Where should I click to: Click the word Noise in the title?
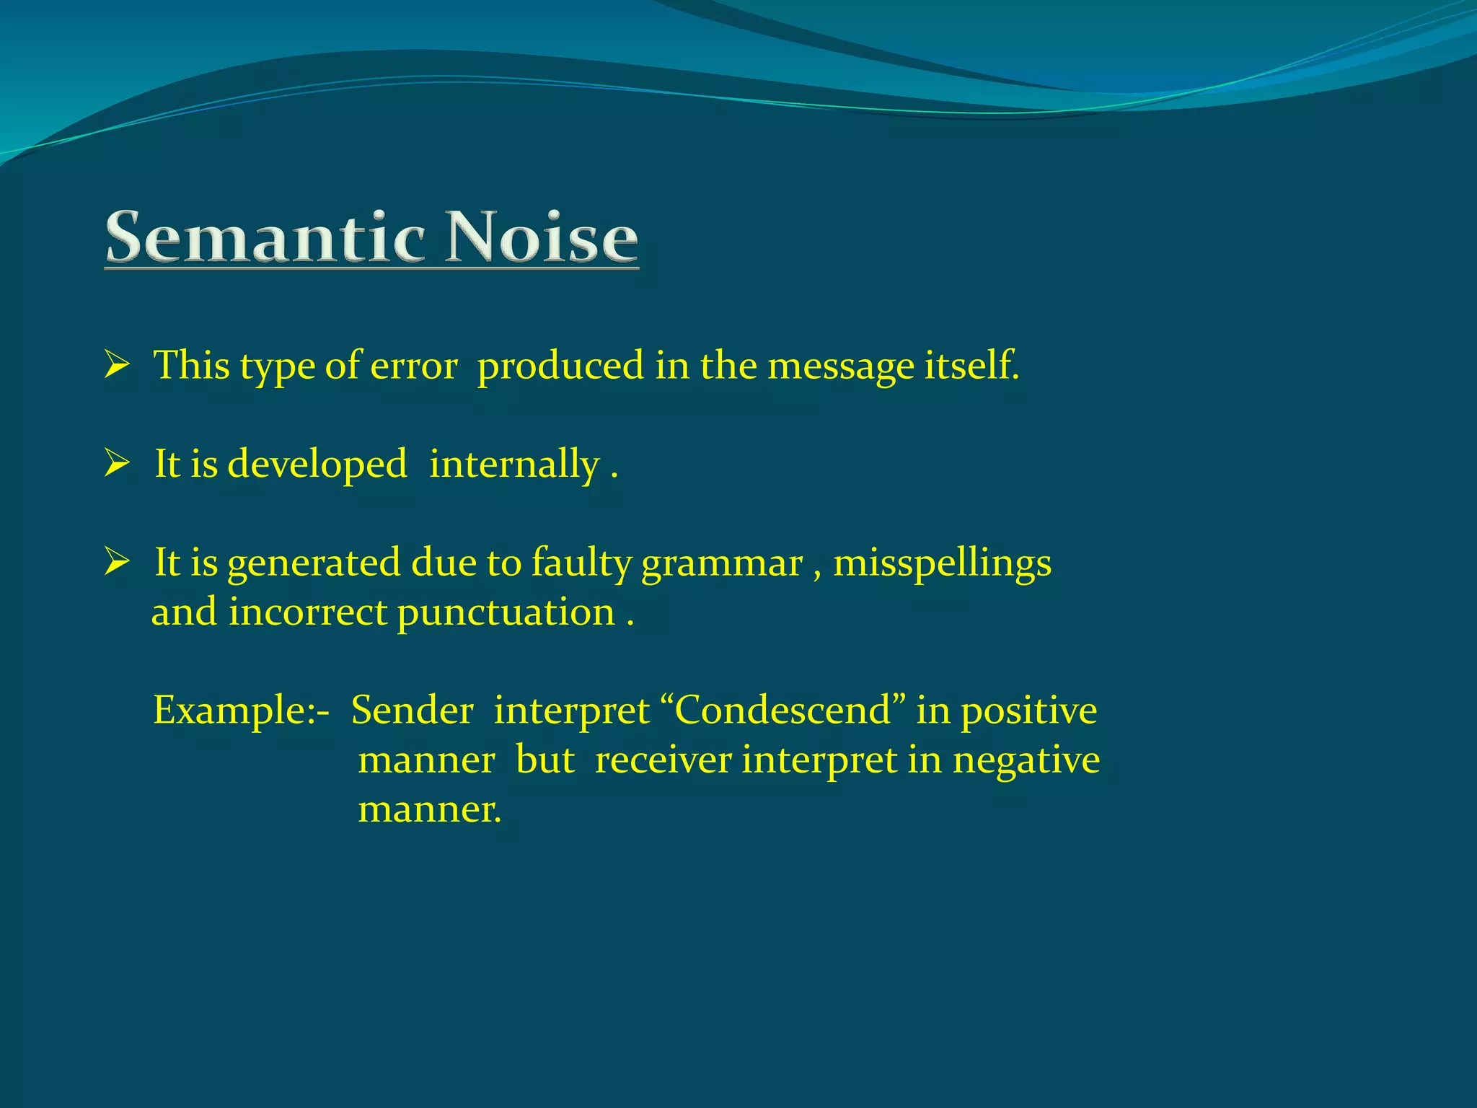[x=541, y=238]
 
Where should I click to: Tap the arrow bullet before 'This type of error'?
[x=116, y=364]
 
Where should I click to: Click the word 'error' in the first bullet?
[x=413, y=366]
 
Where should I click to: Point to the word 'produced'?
[x=560, y=366]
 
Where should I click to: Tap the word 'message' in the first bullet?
[x=840, y=366]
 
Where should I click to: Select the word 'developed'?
[x=317, y=465]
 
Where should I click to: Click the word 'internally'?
[x=514, y=465]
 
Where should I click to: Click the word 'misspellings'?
[x=942, y=563]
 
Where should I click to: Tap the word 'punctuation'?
[x=506, y=613]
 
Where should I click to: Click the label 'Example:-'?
[x=241, y=711]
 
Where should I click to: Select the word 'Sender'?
[x=412, y=711]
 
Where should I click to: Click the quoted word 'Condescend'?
[x=782, y=711]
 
